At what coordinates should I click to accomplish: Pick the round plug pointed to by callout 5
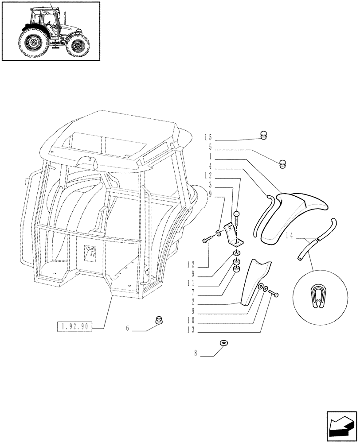coord(283,164)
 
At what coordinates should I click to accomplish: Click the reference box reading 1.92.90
coord(74,328)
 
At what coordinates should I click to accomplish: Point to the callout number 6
coord(127,329)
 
